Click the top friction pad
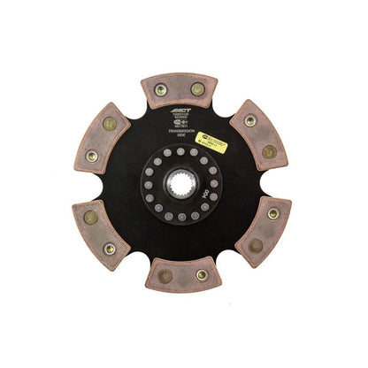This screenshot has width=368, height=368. [x=179, y=89]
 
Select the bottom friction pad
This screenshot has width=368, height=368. [x=183, y=274]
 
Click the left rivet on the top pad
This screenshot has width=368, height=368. [x=161, y=89]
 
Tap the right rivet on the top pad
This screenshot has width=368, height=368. [x=197, y=89]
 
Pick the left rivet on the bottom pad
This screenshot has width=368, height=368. [x=165, y=277]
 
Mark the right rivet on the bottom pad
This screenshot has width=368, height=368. [x=201, y=275]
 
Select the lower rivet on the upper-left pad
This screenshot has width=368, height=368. [x=92, y=156]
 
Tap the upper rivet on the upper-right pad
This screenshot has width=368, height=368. [x=250, y=120]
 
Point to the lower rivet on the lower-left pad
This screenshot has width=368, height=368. [x=110, y=249]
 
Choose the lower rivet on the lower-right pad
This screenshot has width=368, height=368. [x=256, y=245]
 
